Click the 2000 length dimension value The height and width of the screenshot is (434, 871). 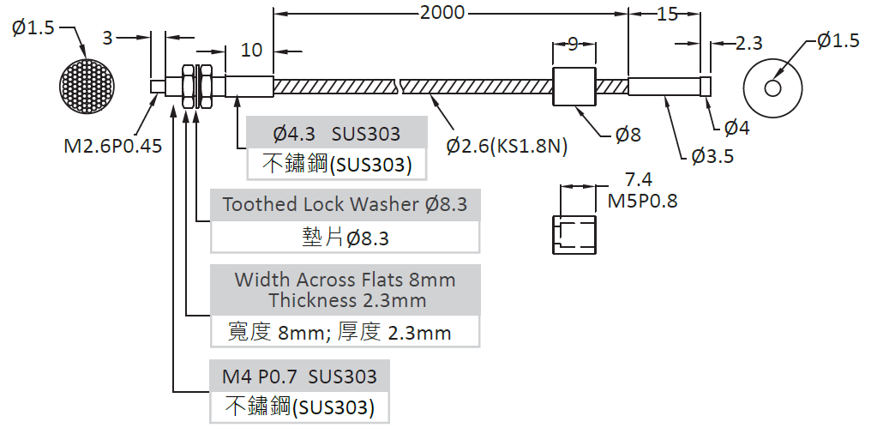(442, 12)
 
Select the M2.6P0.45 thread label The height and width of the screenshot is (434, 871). (113, 146)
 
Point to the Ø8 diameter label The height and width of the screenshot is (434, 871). (628, 134)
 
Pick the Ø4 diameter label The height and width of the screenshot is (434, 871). (737, 129)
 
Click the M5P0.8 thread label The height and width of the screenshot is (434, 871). (642, 202)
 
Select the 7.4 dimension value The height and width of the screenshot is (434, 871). (639, 180)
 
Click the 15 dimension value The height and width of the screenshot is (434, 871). (666, 14)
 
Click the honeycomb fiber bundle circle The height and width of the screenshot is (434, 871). (87, 86)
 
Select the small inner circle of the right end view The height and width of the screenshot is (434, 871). (773, 87)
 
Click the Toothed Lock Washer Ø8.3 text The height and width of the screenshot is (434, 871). (345, 205)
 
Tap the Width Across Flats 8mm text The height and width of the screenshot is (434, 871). (345, 280)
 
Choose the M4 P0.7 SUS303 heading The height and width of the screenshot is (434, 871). (299, 377)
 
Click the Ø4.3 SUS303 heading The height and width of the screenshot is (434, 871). (336, 134)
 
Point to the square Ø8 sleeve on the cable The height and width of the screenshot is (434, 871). (573, 87)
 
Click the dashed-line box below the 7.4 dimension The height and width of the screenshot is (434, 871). (573, 234)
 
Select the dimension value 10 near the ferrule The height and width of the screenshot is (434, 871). (251, 50)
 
